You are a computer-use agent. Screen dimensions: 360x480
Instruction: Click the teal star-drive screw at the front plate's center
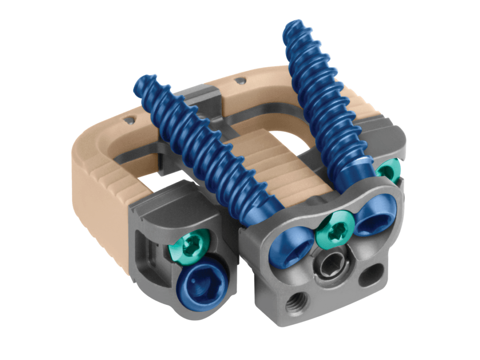click(334, 229)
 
